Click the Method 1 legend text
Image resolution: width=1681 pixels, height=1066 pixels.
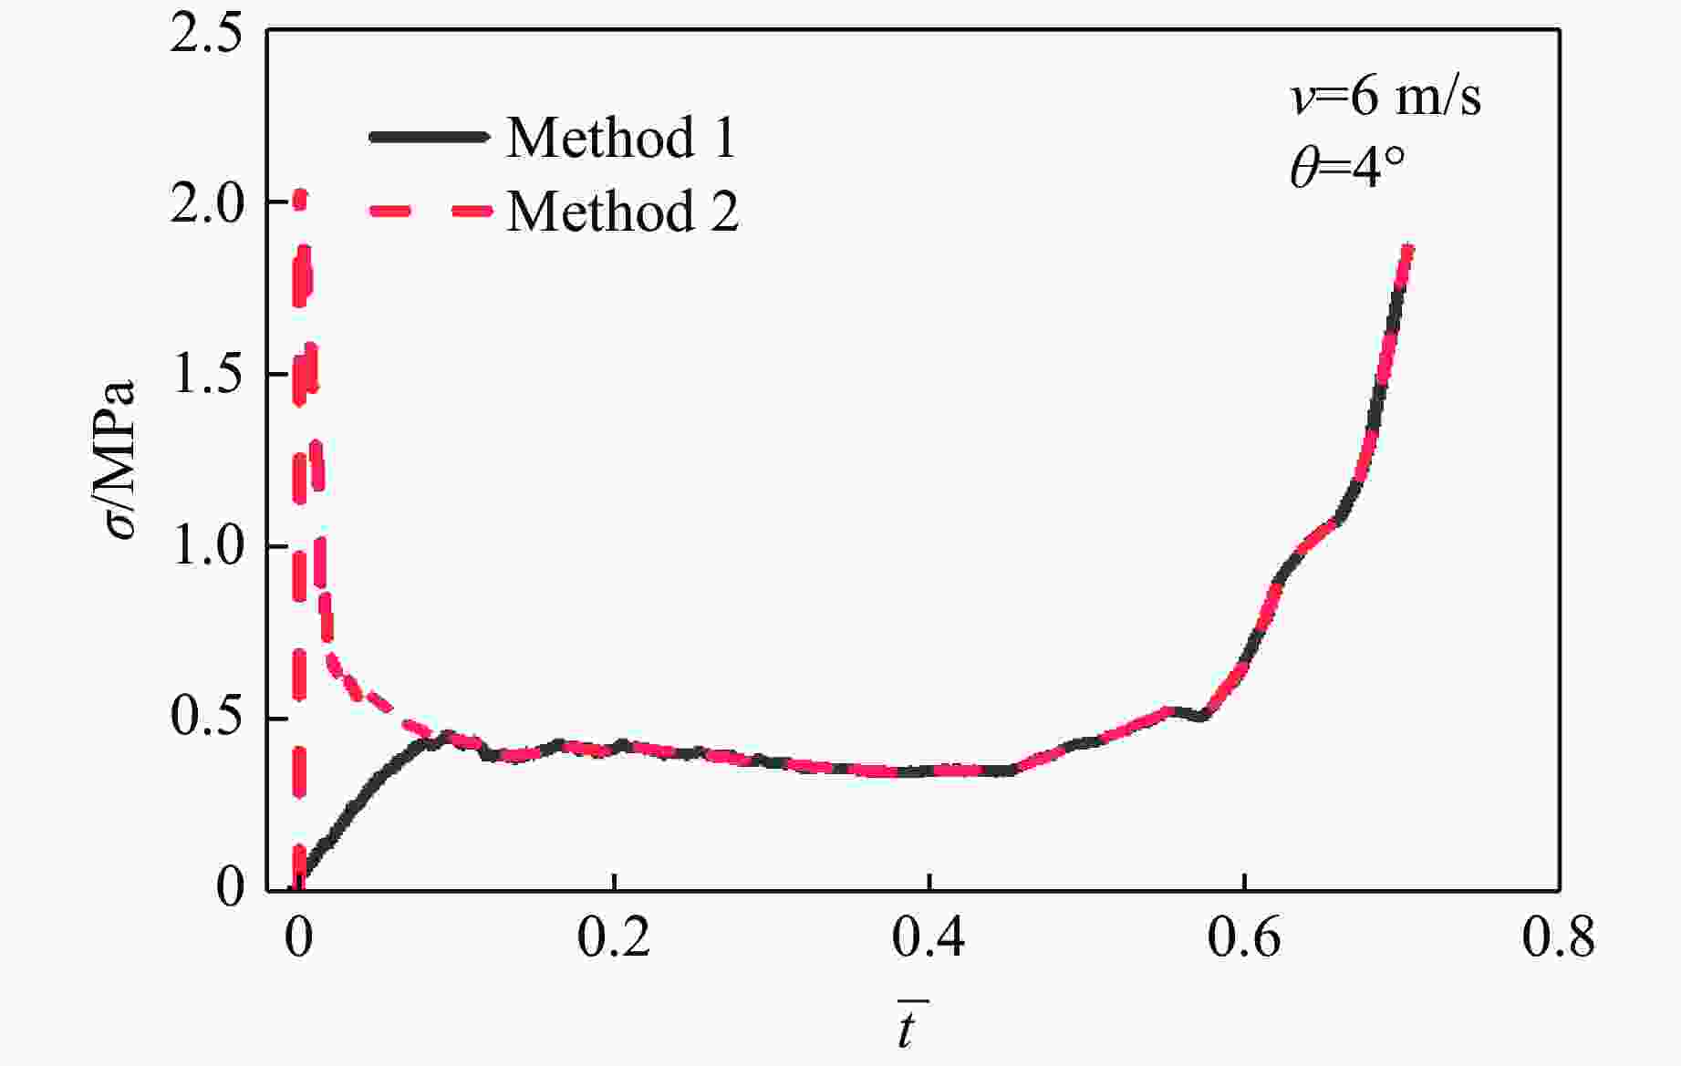click(620, 138)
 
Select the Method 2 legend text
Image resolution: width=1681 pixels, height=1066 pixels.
click(622, 212)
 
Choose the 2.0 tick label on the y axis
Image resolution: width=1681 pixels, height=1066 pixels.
click(206, 203)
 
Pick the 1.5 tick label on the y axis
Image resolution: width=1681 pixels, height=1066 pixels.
click(206, 375)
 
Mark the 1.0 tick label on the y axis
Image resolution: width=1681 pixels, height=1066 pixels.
click(206, 547)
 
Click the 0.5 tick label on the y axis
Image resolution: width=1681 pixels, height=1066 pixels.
click(206, 719)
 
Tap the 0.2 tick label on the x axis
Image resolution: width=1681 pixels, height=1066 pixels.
click(614, 938)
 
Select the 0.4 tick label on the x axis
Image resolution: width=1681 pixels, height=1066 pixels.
click(929, 938)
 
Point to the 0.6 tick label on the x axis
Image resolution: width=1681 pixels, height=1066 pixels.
click(1244, 938)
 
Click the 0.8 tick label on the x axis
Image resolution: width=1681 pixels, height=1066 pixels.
click(1558, 938)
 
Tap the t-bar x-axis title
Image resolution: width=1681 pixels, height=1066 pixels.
click(908, 1026)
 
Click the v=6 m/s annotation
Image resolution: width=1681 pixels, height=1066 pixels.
click(1385, 97)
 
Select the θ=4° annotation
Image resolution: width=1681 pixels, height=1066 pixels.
click(1347, 168)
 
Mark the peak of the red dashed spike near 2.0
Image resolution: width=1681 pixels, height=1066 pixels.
click(299, 194)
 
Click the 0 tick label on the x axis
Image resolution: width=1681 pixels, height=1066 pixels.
click(298, 938)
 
